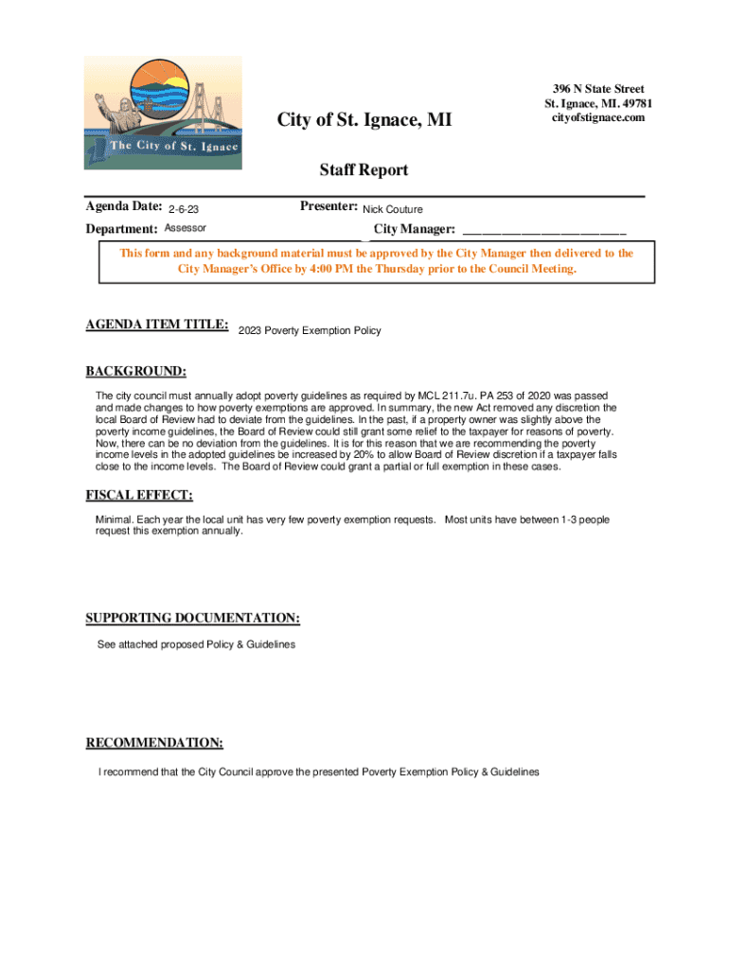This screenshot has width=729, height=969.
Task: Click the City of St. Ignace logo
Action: [163, 113]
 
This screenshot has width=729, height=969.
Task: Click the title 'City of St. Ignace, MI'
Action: [364, 120]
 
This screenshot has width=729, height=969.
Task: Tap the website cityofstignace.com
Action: [598, 117]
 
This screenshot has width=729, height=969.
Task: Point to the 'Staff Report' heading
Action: [364, 170]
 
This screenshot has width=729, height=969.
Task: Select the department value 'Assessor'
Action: [186, 228]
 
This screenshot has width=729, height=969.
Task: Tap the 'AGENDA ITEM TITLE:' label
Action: [157, 325]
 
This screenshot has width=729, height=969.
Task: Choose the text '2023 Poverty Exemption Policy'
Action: [310, 330]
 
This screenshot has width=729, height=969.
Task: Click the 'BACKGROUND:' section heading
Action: [136, 371]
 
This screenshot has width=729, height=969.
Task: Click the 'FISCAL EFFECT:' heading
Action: [139, 495]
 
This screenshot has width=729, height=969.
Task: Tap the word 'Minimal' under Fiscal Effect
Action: [114, 520]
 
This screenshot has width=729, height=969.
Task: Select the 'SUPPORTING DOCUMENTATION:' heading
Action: [193, 618]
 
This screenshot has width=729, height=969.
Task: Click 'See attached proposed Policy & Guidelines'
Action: [196, 644]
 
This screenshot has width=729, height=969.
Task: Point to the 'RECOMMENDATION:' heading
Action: [154, 742]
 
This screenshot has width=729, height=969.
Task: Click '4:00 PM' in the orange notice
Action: [320, 269]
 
